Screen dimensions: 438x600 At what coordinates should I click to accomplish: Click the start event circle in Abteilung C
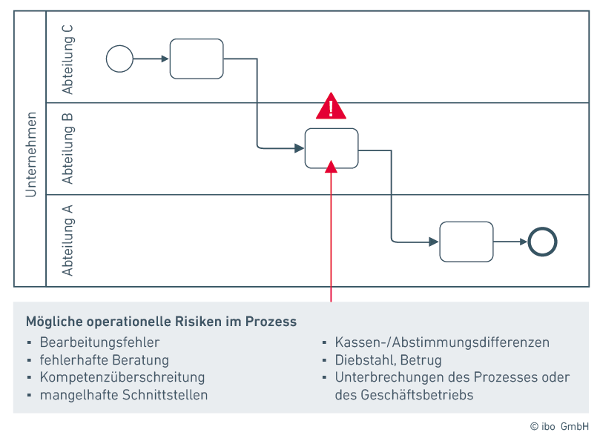pos(119,59)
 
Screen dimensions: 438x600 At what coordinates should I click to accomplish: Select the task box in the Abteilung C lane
pos(197,59)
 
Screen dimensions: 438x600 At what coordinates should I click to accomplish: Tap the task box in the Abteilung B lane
pos(332,148)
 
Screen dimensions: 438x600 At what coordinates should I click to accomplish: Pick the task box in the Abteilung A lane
pos(467,242)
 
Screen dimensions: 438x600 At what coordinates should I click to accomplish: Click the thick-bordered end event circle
pos(542,242)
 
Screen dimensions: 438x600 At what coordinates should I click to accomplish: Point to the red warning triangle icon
pos(331,107)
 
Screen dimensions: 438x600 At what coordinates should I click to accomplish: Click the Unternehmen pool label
pos(30,154)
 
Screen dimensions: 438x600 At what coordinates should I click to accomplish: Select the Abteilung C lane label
pos(68,59)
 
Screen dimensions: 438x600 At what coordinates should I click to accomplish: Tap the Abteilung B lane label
pos(68,149)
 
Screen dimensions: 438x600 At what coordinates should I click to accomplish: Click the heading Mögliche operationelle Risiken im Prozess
pos(161,322)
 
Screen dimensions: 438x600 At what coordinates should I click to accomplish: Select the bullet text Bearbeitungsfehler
pos(99,342)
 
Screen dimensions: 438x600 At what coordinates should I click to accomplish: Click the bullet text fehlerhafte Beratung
pos(104,360)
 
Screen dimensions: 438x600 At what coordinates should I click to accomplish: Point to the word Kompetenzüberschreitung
pos(122,377)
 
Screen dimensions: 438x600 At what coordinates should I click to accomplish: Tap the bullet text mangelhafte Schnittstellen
pos(123,395)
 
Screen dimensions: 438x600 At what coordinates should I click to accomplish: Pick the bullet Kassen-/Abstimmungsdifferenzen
pos(442,342)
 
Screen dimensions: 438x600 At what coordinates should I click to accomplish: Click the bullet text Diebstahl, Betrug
pos(388,360)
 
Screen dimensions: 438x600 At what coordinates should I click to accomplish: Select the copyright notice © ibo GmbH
pos(559,426)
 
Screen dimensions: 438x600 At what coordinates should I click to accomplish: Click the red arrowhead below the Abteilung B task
pos(332,167)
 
